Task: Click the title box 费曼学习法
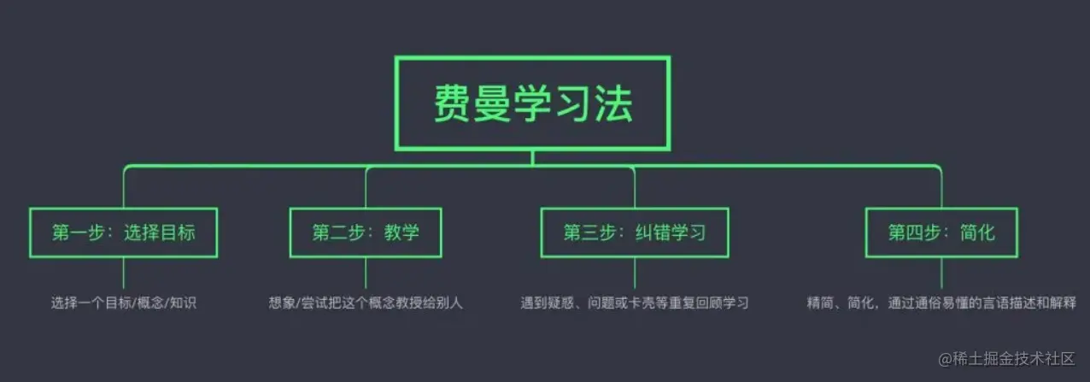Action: click(531, 103)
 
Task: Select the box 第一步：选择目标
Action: click(123, 232)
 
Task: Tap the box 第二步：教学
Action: click(366, 232)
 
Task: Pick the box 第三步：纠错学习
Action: click(635, 232)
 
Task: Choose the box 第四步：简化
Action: click(941, 232)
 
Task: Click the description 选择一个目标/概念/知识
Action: click(123, 303)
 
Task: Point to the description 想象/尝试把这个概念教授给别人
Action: click(365, 303)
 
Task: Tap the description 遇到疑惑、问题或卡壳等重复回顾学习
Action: click(635, 303)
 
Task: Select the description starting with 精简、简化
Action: click(941, 303)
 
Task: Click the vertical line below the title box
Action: click(532, 156)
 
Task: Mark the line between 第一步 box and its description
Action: click(123, 273)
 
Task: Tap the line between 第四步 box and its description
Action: click(941, 273)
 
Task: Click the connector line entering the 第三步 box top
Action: click(635, 190)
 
